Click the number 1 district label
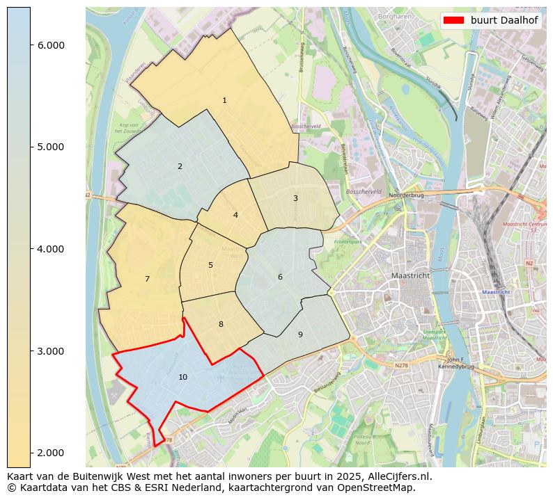pos(224,101)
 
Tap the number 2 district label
pos(180,167)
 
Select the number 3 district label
pos(295,199)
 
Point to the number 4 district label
pos(235,216)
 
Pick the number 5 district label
pos(210,266)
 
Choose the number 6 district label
pos(280,277)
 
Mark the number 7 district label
pos(147,280)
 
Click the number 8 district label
pos(221,325)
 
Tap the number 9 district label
pos(300,335)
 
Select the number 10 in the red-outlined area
pos(182,378)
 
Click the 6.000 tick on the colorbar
pos(50,45)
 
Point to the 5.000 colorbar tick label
pos(50,147)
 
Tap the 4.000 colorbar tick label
pos(50,249)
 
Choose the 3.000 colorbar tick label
pos(50,351)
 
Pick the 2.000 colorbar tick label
pos(50,453)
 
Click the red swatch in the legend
pos(453,20)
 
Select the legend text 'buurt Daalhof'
pos(504,20)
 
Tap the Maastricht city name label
pos(411,276)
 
